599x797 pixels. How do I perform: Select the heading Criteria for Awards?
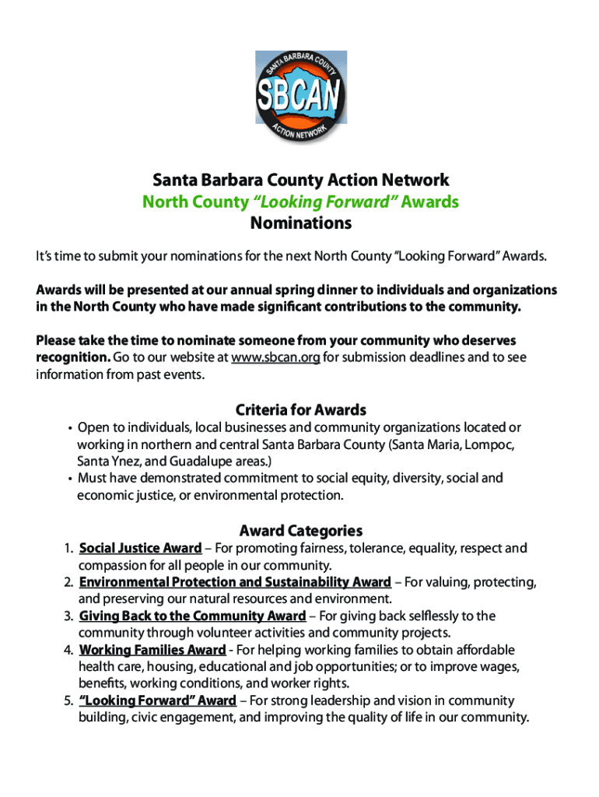pyautogui.click(x=300, y=409)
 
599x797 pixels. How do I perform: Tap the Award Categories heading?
pyautogui.click(x=300, y=531)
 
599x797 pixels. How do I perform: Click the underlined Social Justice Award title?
pyautogui.click(x=140, y=549)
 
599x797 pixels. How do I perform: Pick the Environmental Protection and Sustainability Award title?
pyautogui.click(x=235, y=582)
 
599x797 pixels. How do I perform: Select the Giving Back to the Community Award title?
pyautogui.click(x=192, y=616)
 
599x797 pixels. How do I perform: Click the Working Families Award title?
pyautogui.click(x=152, y=650)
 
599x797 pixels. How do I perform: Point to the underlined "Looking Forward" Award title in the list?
pyautogui.click(x=157, y=700)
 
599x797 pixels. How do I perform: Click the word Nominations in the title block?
pyautogui.click(x=300, y=224)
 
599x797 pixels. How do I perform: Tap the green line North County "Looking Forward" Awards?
pyautogui.click(x=300, y=202)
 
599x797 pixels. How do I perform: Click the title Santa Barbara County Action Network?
pyautogui.click(x=300, y=181)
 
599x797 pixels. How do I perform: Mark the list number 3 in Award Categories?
pyautogui.click(x=69, y=616)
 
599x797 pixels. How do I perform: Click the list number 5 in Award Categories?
pyautogui.click(x=69, y=700)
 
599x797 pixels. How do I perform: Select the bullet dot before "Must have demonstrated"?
pyautogui.click(x=69, y=479)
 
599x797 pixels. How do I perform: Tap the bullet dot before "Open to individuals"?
pyautogui.click(x=69, y=428)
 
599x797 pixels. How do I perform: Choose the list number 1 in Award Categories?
pyautogui.click(x=69, y=549)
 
